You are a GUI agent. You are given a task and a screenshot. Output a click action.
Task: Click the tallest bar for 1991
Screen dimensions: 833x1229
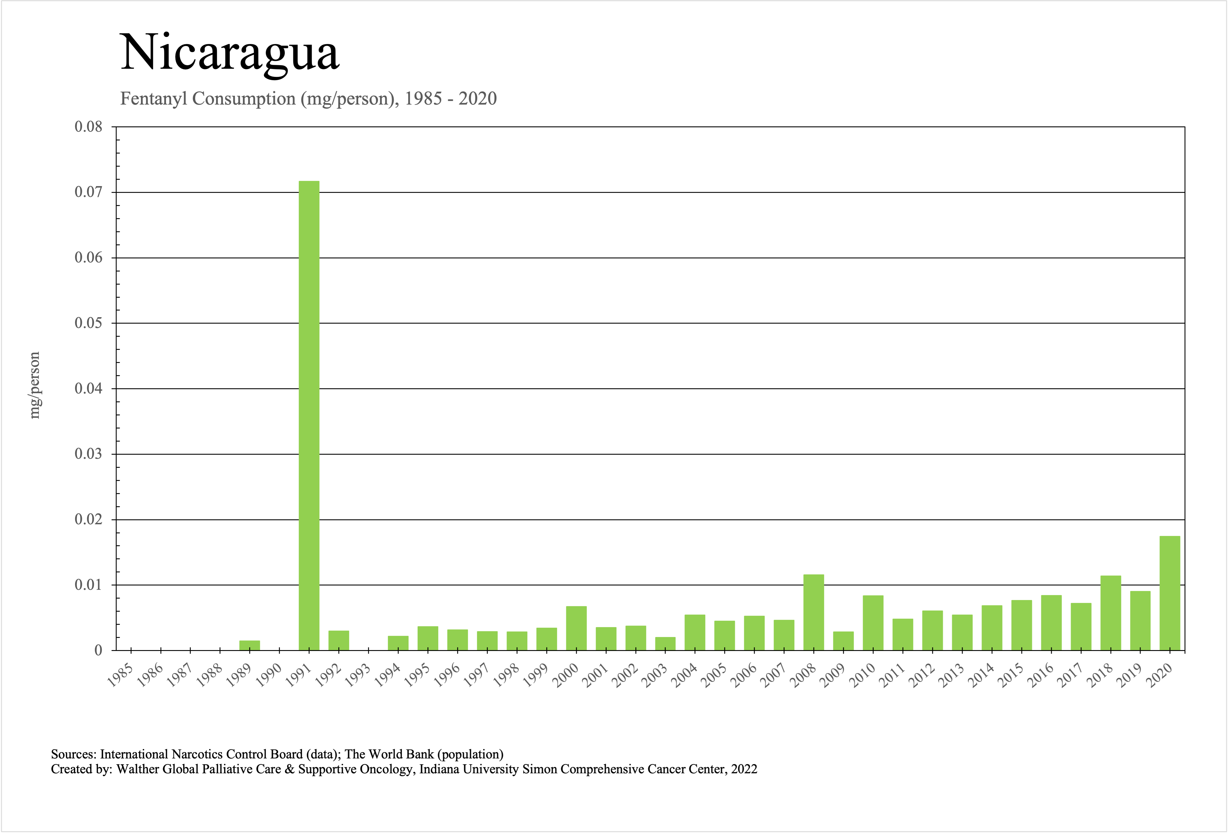(x=309, y=415)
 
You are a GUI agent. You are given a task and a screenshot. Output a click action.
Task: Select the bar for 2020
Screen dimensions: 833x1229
(x=1170, y=593)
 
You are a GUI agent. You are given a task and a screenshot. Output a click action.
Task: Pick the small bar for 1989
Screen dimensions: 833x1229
(x=250, y=645)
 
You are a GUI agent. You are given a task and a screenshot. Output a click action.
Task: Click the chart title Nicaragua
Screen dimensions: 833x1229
(x=229, y=53)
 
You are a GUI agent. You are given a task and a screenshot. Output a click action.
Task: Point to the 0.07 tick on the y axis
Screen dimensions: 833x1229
(x=88, y=192)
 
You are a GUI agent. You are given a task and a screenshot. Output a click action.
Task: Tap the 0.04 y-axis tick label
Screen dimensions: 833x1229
(x=88, y=389)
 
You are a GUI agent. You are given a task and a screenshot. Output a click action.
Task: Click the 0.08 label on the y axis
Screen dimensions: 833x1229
(x=88, y=127)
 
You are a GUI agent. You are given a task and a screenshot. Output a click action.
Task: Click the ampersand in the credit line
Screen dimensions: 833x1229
(x=289, y=769)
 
